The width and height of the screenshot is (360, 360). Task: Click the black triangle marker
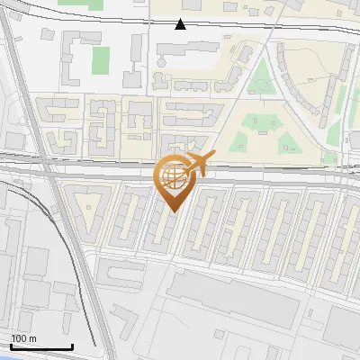[181, 24]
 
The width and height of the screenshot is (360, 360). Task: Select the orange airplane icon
[197, 164]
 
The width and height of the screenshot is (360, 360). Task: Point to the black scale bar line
[41, 347]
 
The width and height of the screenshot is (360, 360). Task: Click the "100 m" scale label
[24, 338]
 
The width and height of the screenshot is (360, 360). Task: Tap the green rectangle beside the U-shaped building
[100, 60]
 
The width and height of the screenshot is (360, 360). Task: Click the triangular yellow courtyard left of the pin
[89, 208]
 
